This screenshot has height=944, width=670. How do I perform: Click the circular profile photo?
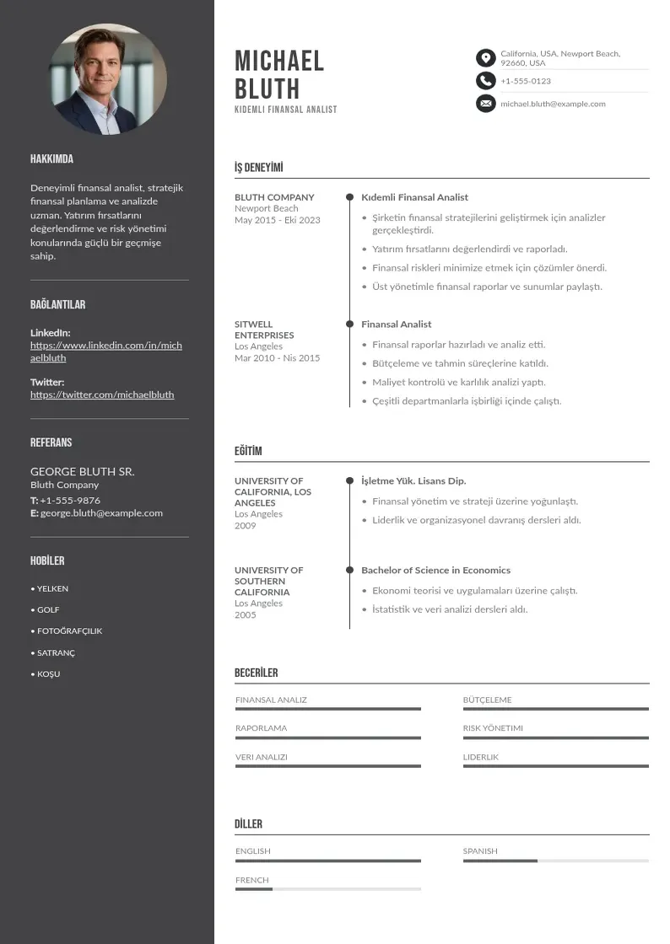click(x=107, y=79)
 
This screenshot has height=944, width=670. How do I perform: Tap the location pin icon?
click(x=485, y=57)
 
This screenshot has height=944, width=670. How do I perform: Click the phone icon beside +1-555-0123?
click(x=485, y=81)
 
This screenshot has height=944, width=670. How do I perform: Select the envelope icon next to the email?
click(x=485, y=104)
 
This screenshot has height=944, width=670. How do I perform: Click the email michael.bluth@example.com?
click(x=553, y=104)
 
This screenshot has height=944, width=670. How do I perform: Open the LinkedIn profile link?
click(x=106, y=351)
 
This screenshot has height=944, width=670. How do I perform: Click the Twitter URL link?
click(x=102, y=394)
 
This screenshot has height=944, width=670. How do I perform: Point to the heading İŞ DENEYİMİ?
click(x=258, y=168)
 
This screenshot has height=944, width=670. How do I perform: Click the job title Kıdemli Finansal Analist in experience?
click(x=414, y=197)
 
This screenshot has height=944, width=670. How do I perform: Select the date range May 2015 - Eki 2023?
click(x=278, y=220)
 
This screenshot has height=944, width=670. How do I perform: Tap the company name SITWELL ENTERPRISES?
click(x=264, y=330)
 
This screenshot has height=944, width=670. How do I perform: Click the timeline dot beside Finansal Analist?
click(x=349, y=324)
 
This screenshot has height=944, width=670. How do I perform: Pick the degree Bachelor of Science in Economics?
click(x=435, y=571)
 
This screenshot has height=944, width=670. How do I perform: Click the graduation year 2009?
click(x=245, y=525)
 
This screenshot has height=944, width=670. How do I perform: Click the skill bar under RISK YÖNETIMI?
click(x=555, y=737)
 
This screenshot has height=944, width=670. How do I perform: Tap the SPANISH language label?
click(x=480, y=851)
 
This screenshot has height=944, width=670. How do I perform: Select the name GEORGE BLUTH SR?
click(x=83, y=471)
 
